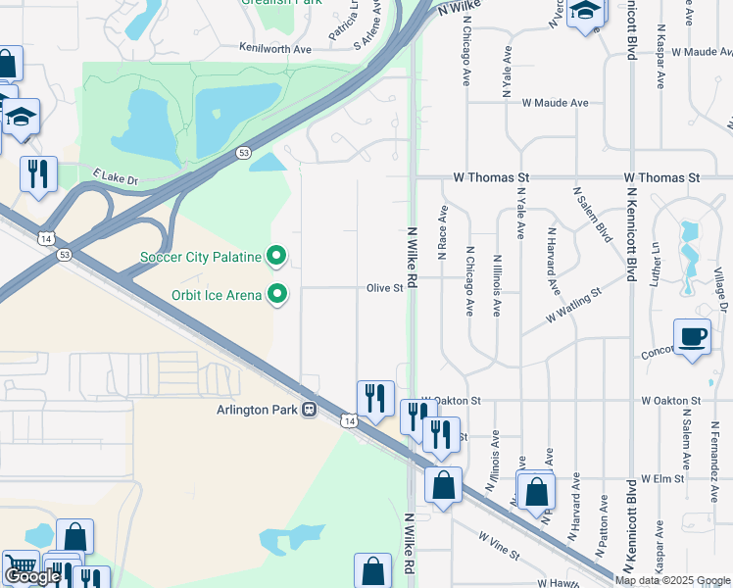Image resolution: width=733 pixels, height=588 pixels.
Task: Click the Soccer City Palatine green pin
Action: pyautogui.click(x=277, y=258)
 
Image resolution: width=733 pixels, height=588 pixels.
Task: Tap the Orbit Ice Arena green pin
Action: pyautogui.click(x=277, y=294)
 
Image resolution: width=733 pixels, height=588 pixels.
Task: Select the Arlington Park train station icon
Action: pyautogui.click(x=310, y=410)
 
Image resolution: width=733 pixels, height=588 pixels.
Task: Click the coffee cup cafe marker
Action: pyautogui.click(x=692, y=336)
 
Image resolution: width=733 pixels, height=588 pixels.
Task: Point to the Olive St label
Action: pyautogui.click(x=385, y=288)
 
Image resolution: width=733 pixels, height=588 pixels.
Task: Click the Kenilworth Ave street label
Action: pyautogui.click(x=274, y=47)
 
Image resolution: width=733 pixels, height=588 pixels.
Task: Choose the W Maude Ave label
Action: pyautogui.click(x=555, y=102)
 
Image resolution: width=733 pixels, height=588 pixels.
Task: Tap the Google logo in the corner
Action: pyautogui.click(x=32, y=576)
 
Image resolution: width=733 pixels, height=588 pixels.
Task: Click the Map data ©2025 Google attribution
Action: pyautogui.click(x=673, y=580)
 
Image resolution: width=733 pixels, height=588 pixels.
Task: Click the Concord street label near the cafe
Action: pyautogui.click(x=656, y=353)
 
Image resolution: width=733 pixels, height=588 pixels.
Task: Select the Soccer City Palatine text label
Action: pyautogui.click(x=201, y=258)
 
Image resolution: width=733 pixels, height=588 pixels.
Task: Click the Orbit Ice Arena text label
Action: pyautogui.click(x=215, y=294)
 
